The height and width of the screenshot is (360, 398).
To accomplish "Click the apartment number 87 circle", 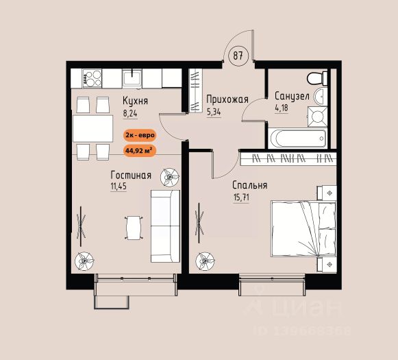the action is point(238,56).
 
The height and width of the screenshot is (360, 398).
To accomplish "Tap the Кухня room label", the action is point(135,101).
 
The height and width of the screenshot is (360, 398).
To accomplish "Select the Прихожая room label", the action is point(227,99).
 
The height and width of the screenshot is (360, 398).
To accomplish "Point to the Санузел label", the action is point(292,96).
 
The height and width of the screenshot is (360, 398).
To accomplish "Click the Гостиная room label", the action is point(131,176).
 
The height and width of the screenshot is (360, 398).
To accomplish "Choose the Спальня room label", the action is point(250,185).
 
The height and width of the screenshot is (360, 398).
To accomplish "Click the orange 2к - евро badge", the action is point(140,135).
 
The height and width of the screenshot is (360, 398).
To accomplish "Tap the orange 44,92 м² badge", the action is point(139,151).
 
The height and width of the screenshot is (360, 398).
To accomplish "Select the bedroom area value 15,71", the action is point(241,197).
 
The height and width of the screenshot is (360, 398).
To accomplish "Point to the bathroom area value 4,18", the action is point(282,108).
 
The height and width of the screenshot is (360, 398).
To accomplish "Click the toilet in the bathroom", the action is point(317,78).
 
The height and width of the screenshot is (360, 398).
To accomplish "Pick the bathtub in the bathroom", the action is point(299,139).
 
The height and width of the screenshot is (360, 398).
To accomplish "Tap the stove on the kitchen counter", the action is point(92,78).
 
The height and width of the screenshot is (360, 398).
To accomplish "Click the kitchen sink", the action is point(132,78).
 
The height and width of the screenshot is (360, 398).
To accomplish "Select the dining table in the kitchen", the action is point(93,128).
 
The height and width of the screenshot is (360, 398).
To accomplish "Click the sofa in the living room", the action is point(165,226).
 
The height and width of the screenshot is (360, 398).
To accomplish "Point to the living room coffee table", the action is point(134,228).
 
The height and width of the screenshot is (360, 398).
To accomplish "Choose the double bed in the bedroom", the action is point(303,228).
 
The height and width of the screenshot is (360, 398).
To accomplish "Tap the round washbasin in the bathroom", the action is point(321,97).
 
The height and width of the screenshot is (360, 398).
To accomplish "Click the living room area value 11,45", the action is point(119,187).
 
